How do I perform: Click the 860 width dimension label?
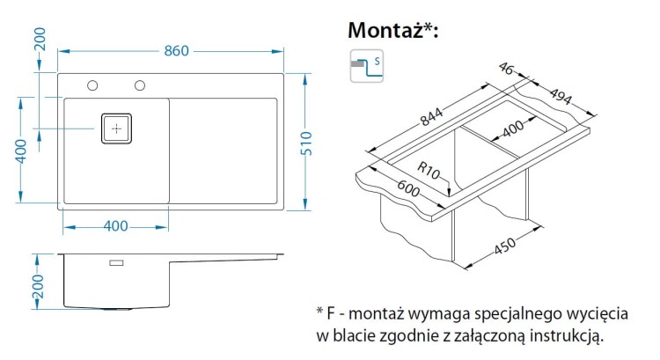[176, 51]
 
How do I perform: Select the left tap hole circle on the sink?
[92, 85]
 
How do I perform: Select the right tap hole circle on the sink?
[139, 85]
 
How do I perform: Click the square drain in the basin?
[117, 128]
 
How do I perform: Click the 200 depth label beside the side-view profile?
[36, 286]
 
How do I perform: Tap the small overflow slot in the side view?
[117, 262]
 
